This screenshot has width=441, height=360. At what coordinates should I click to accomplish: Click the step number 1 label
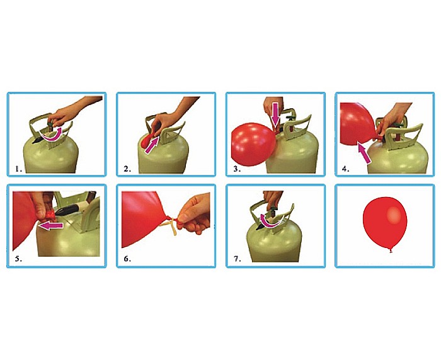(x=18, y=169)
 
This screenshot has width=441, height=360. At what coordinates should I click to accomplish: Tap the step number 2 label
(x=127, y=169)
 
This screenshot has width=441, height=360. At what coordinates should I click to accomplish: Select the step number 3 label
(x=237, y=169)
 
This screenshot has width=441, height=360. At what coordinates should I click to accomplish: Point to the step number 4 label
(x=346, y=169)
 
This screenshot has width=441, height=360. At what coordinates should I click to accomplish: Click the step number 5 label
(x=18, y=259)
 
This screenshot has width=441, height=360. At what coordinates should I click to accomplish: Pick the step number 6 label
(x=127, y=259)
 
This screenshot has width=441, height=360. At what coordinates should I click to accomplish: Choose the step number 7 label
(x=238, y=259)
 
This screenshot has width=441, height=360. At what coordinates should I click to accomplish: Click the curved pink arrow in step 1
(x=52, y=138)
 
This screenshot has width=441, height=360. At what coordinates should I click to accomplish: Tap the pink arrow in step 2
(x=151, y=145)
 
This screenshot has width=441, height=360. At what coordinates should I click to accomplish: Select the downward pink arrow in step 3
(x=275, y=115)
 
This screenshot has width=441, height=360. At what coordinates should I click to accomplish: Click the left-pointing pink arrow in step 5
(x=51, y=225)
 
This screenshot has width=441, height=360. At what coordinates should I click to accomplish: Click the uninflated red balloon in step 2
(x=148, y=140)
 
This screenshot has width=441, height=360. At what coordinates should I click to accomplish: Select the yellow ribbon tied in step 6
(x=169, y=225)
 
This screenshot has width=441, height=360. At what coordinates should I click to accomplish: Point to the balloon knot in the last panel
(x=391, y=250)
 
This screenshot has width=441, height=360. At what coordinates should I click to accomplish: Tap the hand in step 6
(x=195, y=213)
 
